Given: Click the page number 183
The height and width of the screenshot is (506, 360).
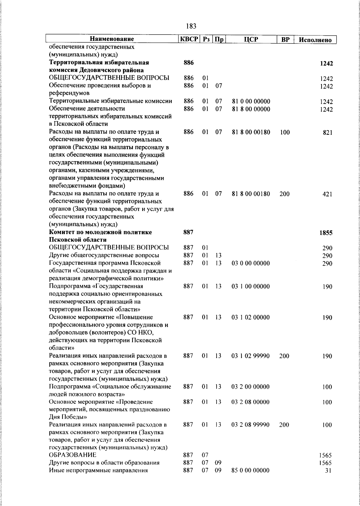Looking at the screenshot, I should pyautogui.click(x=191, y=26).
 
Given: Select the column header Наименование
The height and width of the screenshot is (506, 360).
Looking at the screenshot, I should pyautogui.click(x=112, y=39).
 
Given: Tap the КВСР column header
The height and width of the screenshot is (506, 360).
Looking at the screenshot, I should pyautogui.click(x=189, y=39).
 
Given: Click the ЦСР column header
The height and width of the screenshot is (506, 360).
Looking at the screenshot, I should pyautogui.click(x=251, y=39).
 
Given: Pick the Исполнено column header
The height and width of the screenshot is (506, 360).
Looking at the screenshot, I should pyautogui.click(x=315, y=40).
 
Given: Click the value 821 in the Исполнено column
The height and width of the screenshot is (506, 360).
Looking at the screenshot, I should pyautogui.click(x=328, y=133).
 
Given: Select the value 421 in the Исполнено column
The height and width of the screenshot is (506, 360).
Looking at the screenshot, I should pyautogui.click(x=328, y=194).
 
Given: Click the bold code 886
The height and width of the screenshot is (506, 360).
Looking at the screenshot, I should pyautogui.click(x=188, y=63).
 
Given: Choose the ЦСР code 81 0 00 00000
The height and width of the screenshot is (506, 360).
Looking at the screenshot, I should pyautogui.click(x=251, y=101).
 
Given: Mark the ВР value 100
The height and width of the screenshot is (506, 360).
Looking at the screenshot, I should pyautogui.click(x=285, y=132).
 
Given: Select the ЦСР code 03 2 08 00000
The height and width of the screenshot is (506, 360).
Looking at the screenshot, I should pyautogui.click(x=250, y=402).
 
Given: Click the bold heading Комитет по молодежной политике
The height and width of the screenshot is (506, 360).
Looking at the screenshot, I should pyautogui.click(x=100, y=232).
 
